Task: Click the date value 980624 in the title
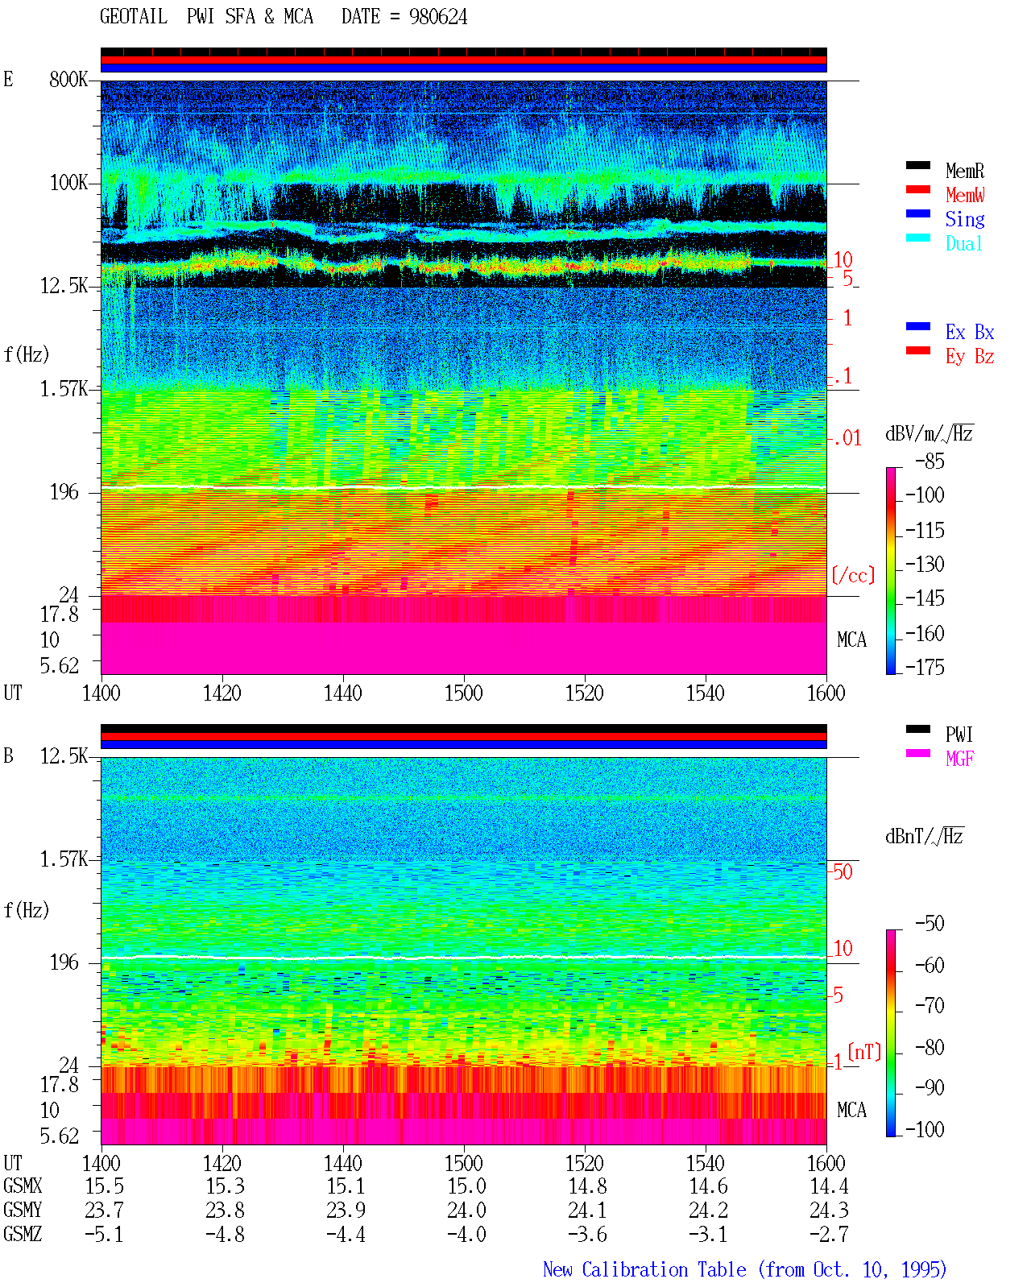tap(438, 17)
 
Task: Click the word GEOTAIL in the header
tap(134, 17)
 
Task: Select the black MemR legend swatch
tap(917, 165)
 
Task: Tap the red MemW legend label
tap(965, 195)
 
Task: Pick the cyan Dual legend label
tap(964, 243)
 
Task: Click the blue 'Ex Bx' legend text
tap(970, 332)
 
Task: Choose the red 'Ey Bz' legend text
tap(970, 357)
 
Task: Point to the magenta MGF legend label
tap(959, 759)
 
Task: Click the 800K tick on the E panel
tap(68, 79)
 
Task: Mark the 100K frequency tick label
tap(68, 183)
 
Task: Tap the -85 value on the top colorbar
tap(930, 461)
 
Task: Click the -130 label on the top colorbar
tap(925, 564)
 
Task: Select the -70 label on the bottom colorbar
tap(930, 1006)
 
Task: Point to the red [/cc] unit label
tap(853, 575)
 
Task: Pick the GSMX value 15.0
tap(466, 1186)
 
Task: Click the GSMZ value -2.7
tap(829, 1235)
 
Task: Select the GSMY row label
tap(23, 1211)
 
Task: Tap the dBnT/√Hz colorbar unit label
tap(924, 836)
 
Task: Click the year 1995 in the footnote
tap(923, 1269)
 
